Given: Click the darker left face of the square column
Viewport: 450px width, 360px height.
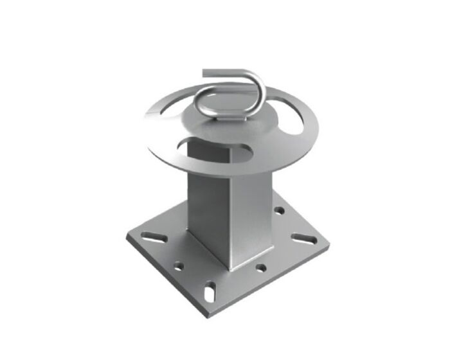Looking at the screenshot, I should click(x=207, y=206).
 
